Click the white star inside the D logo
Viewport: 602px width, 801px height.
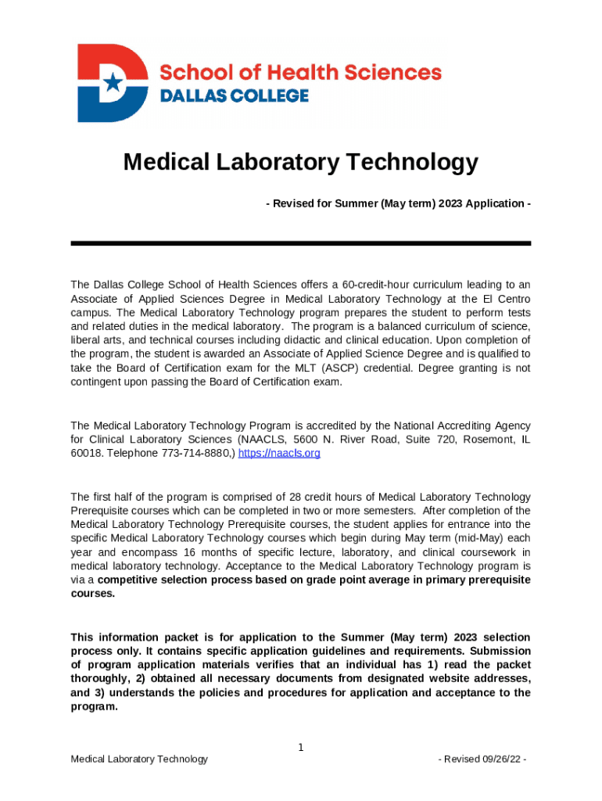(114, 81)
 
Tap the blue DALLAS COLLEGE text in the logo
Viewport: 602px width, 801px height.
(234, 96)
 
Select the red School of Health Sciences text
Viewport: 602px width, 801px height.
(300, 73)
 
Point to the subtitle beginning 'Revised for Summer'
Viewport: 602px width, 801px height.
(398, 203)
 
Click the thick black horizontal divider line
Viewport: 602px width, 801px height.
(300, 243)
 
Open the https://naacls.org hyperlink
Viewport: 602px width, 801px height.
(278, 453)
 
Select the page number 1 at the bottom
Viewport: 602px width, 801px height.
(300, 748)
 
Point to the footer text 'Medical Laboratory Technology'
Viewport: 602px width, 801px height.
(139, 759)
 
